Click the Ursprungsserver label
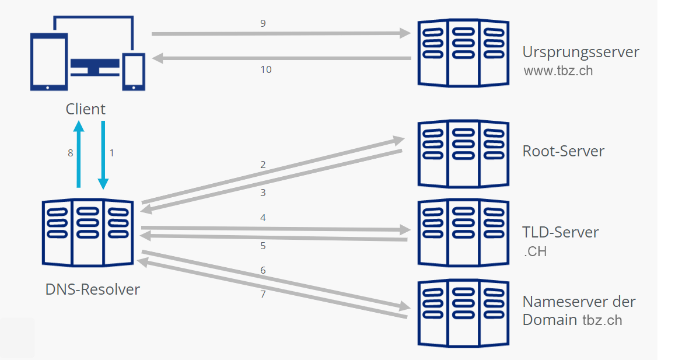(580, 52)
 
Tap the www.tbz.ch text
(559, 71)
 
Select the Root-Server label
(563, 151)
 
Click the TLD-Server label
(560, 232)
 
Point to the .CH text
(535, 253)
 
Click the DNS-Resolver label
(93, 289)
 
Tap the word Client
(85, 109)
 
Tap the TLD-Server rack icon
(463, 232)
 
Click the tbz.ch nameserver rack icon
(463, 312)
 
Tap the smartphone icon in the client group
(133, 72)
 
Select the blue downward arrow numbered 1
(103, 155)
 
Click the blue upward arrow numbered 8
(79, 155)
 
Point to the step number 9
(263, 24)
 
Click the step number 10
(265, 69)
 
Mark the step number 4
(263, 218)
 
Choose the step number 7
(263, 294)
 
